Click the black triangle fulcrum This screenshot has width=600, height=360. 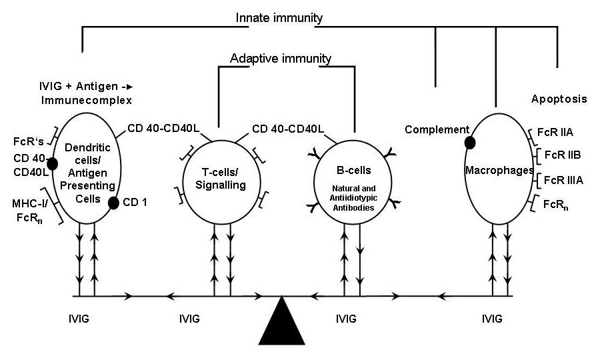click(287, 325)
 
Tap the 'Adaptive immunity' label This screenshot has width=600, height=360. click(280, 58)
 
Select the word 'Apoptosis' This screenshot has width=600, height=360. click(559, 99)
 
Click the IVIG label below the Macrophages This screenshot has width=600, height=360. click(492, 319)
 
